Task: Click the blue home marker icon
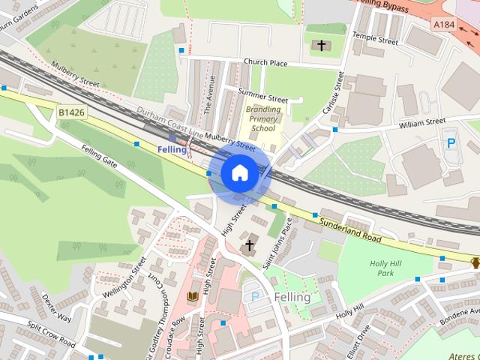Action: coord(238,172)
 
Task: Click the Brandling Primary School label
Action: coord(263,118)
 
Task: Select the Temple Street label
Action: coord(377,37)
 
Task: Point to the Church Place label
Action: coord(265,62)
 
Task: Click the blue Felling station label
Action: coord(172,150)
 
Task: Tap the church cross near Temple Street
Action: coord(322,46)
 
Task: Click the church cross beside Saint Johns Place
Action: coord(249,245)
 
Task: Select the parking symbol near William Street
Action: coord(451,142)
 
